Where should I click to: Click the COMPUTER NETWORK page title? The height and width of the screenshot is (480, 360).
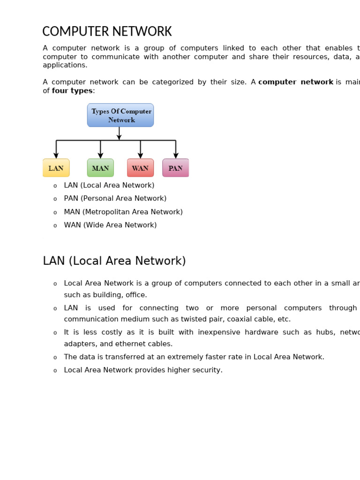pyautogui.click(x=107, y=32)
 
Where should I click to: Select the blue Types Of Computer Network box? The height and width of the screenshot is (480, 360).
pyautogui.click(x=120, y=115)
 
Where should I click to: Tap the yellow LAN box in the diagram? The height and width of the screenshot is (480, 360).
pyautogui.click(x=56, y=168)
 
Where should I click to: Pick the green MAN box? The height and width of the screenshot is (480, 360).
pyautogui.click(x=100, y=168)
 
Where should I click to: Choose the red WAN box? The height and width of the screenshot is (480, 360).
pyautogui.click(x=140, y=168)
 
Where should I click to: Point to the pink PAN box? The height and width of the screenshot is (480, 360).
pyautogui.click(x=175, y=168)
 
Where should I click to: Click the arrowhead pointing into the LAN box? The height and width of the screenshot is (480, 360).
pyautogui.click(x=56, y=156)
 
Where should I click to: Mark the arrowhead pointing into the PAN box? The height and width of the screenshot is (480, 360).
pyautogui.click(x=176, y=156)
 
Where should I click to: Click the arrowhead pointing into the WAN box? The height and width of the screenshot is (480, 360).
pyautogui.click(x=140, y=156)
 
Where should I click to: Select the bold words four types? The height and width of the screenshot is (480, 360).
pyautogui.click(x=72, y=91)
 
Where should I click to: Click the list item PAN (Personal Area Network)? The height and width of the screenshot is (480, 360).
pyautogui.click(x=115, y=198)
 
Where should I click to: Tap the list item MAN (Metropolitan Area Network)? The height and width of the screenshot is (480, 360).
pyautogui.click(x=123, y=212)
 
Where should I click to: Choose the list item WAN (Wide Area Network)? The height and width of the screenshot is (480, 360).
pyautogui.click(x=110, y=225)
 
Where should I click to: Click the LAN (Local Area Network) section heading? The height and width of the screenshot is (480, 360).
pyautogui.click(x=114, y=261)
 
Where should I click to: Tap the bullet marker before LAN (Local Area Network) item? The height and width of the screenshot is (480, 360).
pyautogui.click(x=55, y=186)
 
